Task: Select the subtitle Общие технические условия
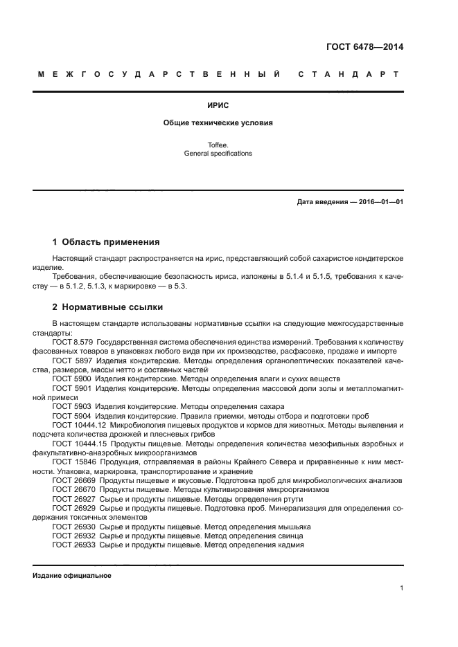[x=218, y=122]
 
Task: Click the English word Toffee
[x=218, y=145]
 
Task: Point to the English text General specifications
[x=218, y=154]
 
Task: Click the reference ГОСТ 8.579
[x=73, y=343]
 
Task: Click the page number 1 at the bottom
[x=401, y=588]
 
